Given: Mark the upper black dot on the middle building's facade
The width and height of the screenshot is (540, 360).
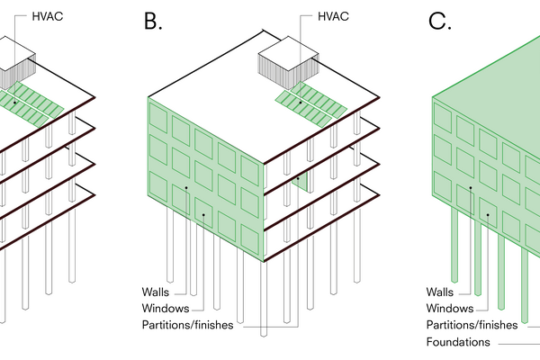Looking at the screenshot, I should (x=186, y=187).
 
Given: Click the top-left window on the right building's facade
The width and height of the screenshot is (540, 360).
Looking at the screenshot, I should (x=443, y=119).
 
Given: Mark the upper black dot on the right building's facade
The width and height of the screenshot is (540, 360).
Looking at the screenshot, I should (x=470, y=187).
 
